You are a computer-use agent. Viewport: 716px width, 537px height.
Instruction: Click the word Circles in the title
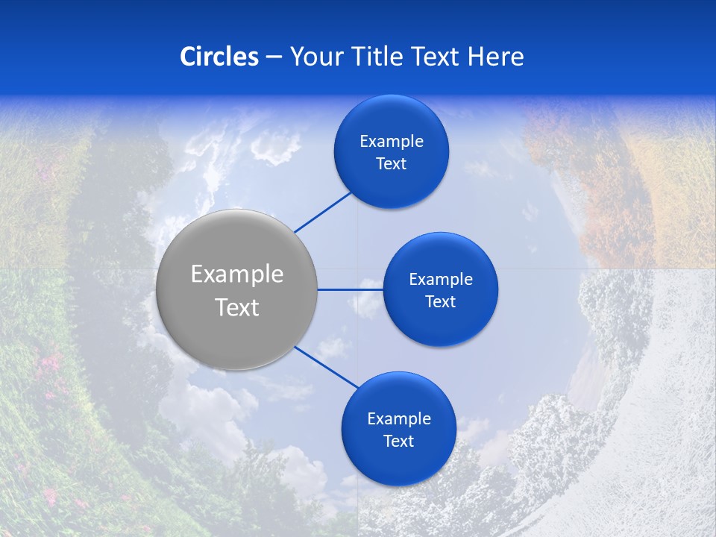(x=219, y=57)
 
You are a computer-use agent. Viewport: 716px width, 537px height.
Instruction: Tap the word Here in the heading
(x=495, y=57)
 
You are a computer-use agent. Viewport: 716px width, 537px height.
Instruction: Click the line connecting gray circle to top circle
(x=323, y=212)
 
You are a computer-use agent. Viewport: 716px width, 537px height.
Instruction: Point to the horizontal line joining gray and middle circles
(x=350, y=289)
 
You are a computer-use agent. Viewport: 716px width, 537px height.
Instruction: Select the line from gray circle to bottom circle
(x=326, y=367)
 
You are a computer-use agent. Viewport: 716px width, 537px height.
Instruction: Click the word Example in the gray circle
(x=237, y=274)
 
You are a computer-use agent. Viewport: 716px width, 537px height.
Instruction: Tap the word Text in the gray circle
(x=237, y=307)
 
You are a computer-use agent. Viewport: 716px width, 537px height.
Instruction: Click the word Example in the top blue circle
(x=392, y=142)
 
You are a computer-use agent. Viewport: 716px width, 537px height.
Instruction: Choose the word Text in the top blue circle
(x=392, y=164)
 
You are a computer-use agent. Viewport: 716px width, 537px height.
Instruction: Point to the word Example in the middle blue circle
(x=441, y=280)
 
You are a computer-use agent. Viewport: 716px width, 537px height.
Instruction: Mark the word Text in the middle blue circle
(x=441, y=302)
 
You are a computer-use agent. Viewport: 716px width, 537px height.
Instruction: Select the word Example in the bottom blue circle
(x=399, y=419)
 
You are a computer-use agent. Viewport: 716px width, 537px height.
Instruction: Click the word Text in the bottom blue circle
(x=399, y=442)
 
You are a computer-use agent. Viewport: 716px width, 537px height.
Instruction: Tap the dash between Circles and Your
(x=274, y=57)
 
